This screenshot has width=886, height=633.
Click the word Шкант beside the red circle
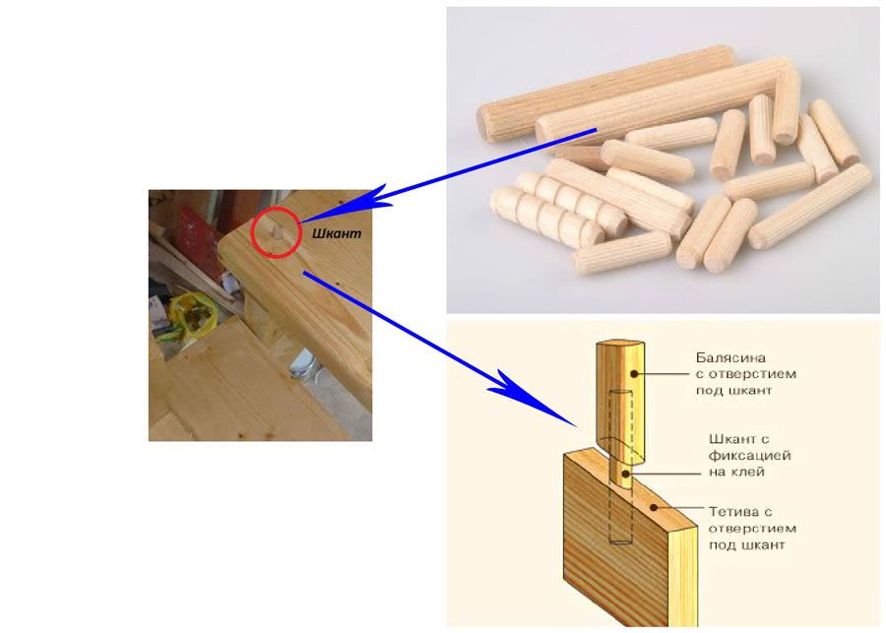tap(337, 233)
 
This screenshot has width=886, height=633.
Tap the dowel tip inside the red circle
tap(277, 232)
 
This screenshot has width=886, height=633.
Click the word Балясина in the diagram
tap(730, 358)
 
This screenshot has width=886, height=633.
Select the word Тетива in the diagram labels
tap(733, 512)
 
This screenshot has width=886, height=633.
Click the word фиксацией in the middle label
tap(749, 455)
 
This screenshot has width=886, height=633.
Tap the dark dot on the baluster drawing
tap(634, 373)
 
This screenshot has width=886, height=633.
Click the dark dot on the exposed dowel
tap(625, 474)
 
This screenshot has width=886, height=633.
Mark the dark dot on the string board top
tap(654, 508)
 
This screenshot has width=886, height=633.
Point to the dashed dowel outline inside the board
tap(620, 514)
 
